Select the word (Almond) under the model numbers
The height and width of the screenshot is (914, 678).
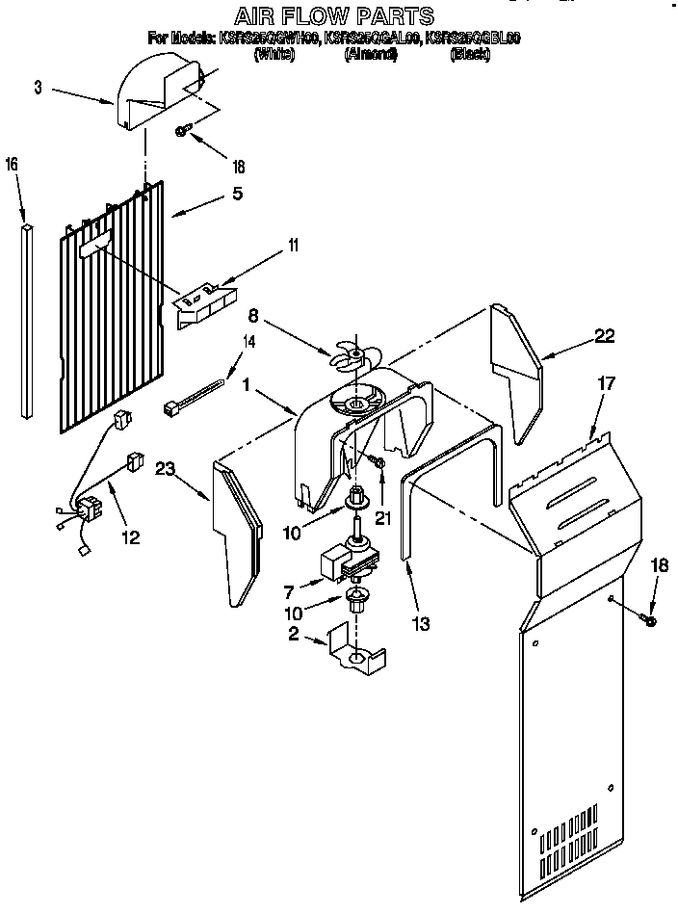[x=371, y=55]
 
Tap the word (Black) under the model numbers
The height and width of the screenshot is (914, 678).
[x=470, y=55]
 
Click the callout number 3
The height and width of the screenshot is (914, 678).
[x=37, y=88]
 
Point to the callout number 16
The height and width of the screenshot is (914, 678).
[x=12, y=164]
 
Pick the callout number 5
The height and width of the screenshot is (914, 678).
[x=237, y=192]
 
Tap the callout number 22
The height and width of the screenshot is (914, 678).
[x=604, y=335]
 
